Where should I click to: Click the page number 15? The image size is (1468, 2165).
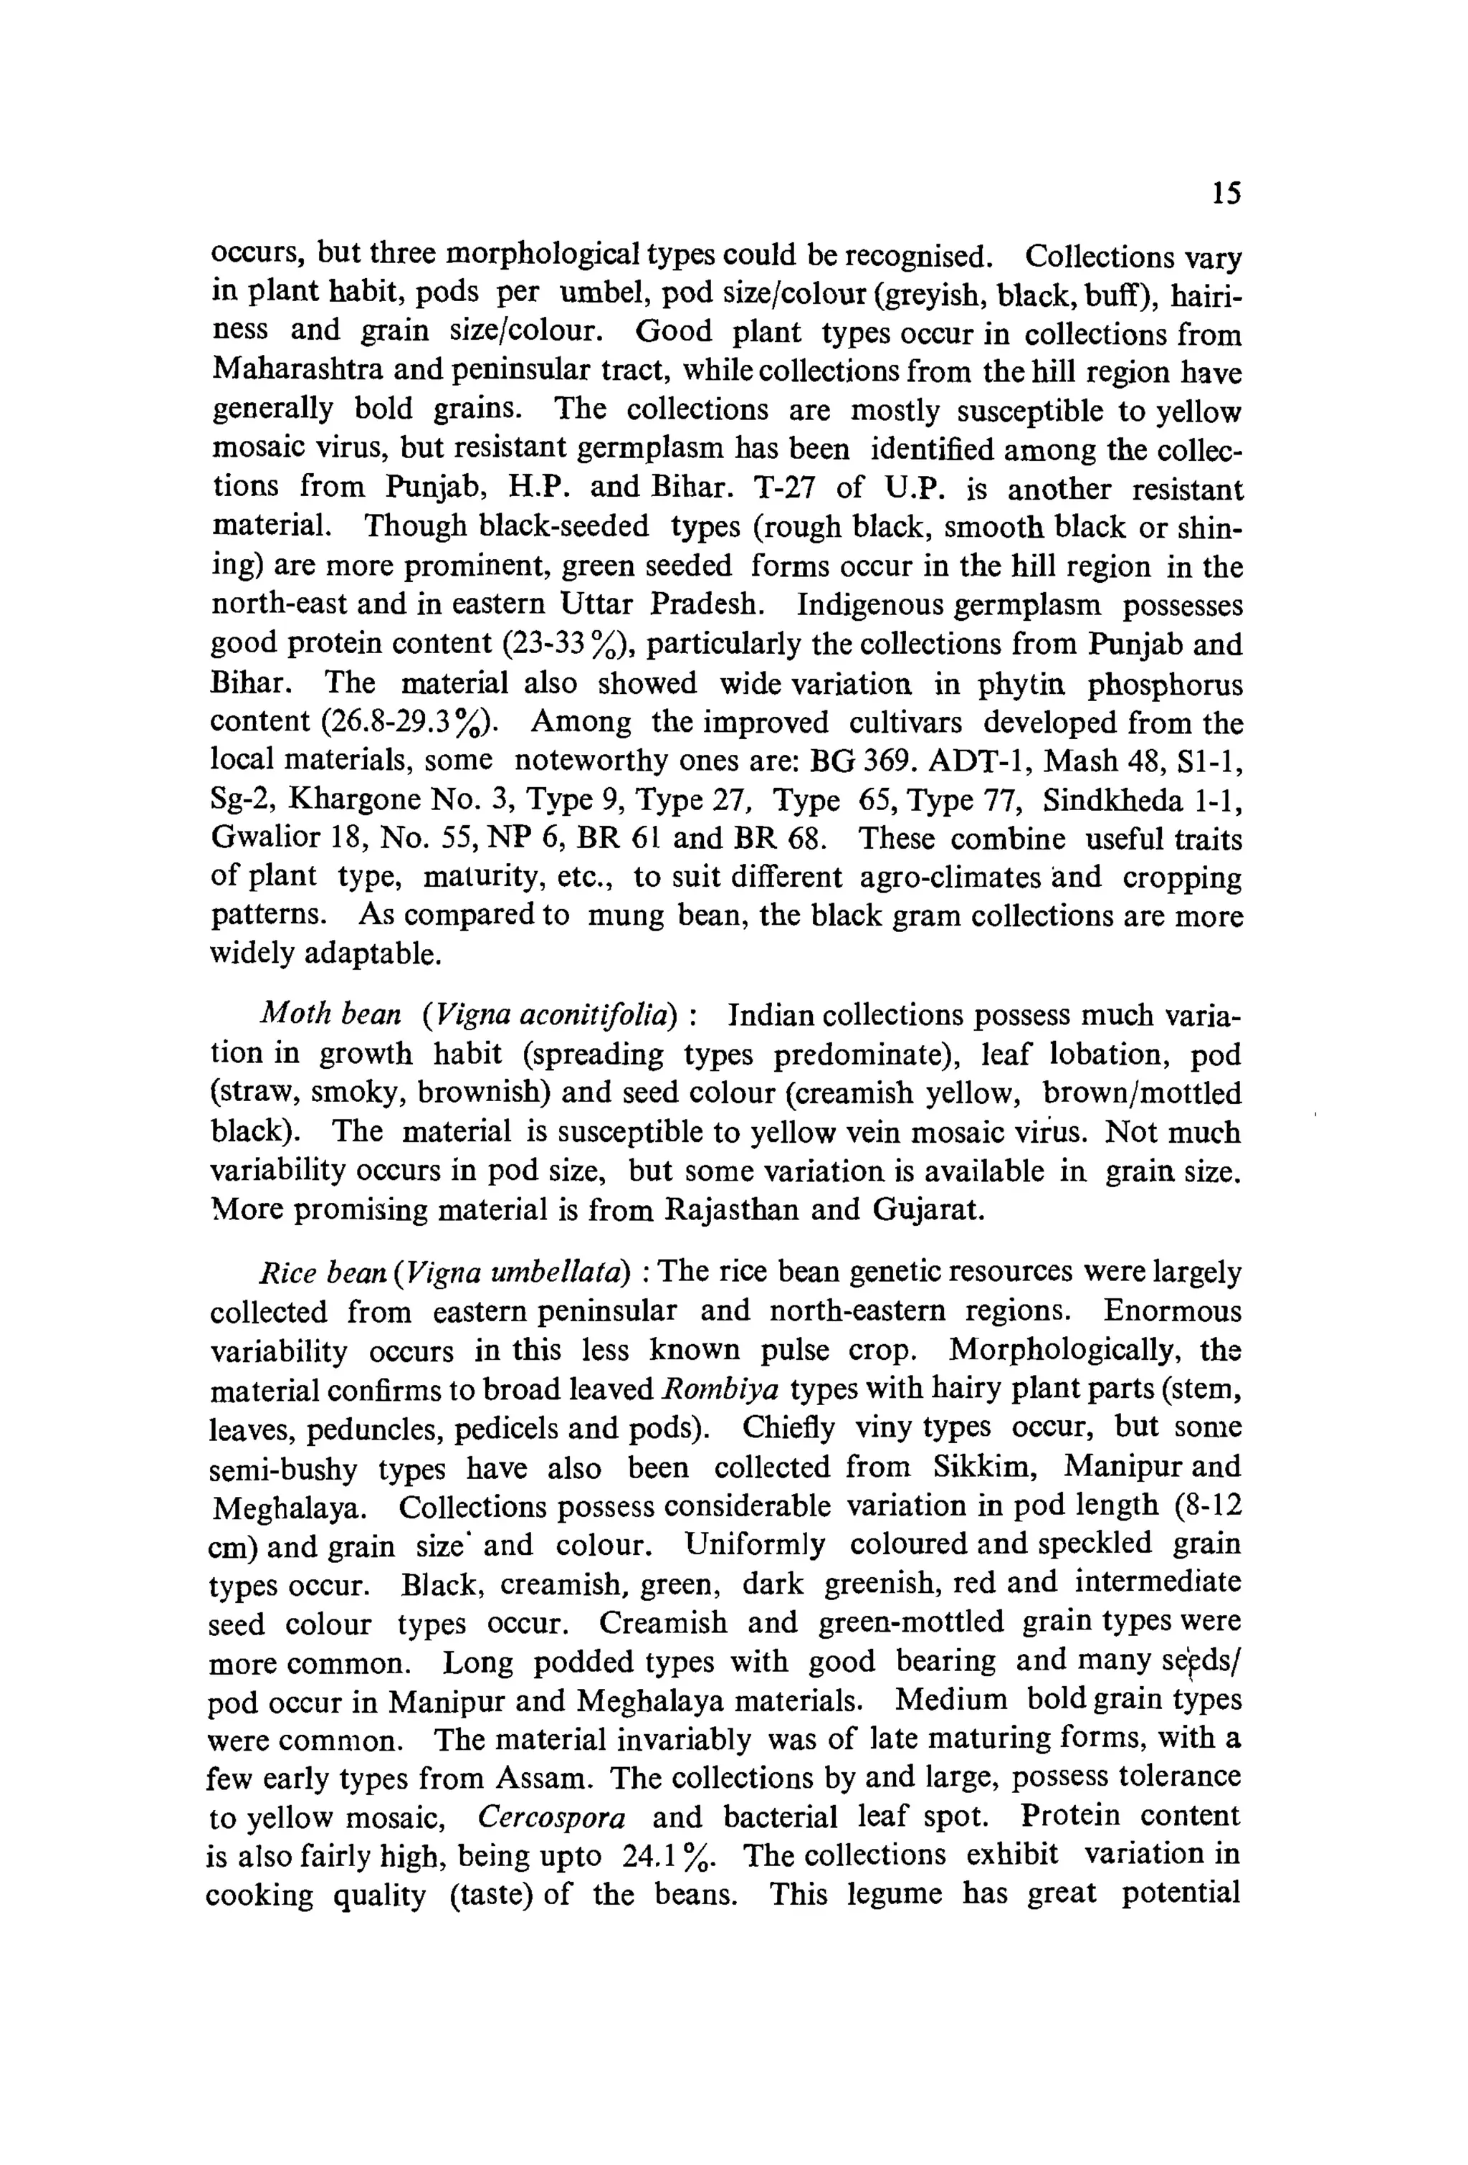point(1226,194)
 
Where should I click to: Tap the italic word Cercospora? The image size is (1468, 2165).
point(551,1816)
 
